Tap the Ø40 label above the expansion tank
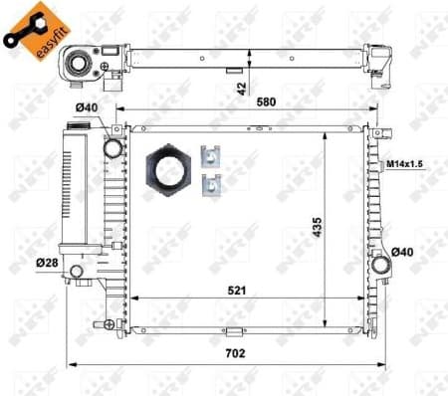click(x=85, y=108)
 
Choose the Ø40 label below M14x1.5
click(x=401, y=252)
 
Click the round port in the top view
click(x=79, y=65)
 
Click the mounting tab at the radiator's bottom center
click(x=231, y=331)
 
